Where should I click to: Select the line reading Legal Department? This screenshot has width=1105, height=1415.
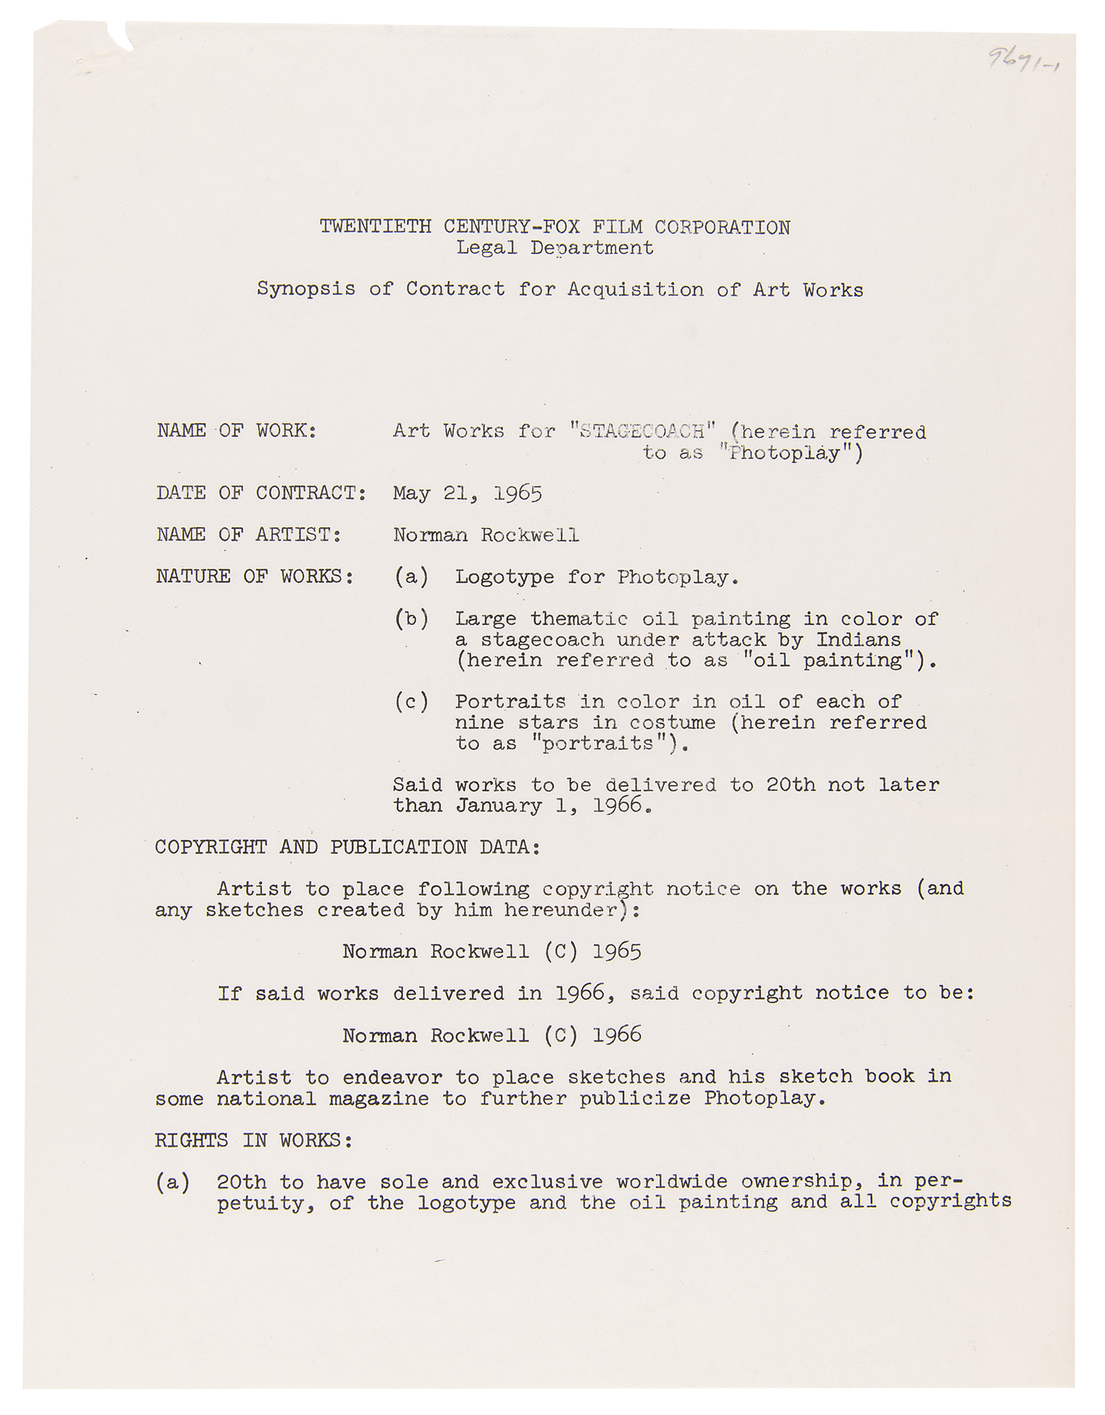coord(555,248)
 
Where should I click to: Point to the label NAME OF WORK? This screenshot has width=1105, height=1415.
coord(236,431)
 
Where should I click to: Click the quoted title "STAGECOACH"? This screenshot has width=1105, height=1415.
coord(642,431)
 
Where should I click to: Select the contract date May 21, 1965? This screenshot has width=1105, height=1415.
coord(468,493)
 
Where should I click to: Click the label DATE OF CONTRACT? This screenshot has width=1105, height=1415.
coord(261,493)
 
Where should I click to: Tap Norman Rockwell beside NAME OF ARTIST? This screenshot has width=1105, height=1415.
coord(486,535)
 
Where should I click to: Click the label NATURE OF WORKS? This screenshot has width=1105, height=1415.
coord(255,577)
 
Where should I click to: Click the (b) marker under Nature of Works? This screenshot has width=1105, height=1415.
coord(411,619)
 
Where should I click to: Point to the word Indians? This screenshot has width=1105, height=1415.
coord(858,640)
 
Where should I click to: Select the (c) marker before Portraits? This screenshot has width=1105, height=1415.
coord(411,702)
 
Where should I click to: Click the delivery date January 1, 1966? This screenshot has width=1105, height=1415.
coord(552,806)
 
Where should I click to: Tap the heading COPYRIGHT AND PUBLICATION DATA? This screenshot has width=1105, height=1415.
coord(348,848)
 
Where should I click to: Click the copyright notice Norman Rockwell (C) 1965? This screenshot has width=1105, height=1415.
coord(492,952)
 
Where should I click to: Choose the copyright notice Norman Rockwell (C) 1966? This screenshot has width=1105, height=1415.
coord(492,1036)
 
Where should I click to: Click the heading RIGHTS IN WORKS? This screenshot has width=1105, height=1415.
coord(253,1140)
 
